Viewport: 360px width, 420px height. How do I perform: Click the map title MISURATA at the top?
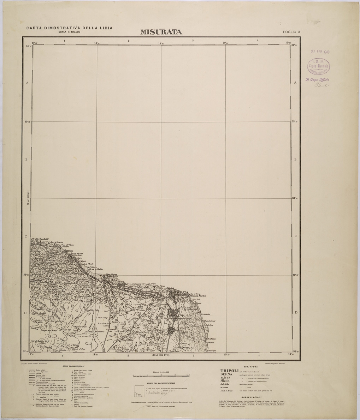(x=161, y=32)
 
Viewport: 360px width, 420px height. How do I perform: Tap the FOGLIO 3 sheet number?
(x=291, y=32)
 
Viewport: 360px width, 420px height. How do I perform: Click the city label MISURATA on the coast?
(x=179, y=293)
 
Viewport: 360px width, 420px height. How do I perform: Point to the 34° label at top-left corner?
(x=28, y=46)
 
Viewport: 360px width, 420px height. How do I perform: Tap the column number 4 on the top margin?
(x=258, y=41)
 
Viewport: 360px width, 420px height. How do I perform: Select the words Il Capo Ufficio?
(x=317, y=80)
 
